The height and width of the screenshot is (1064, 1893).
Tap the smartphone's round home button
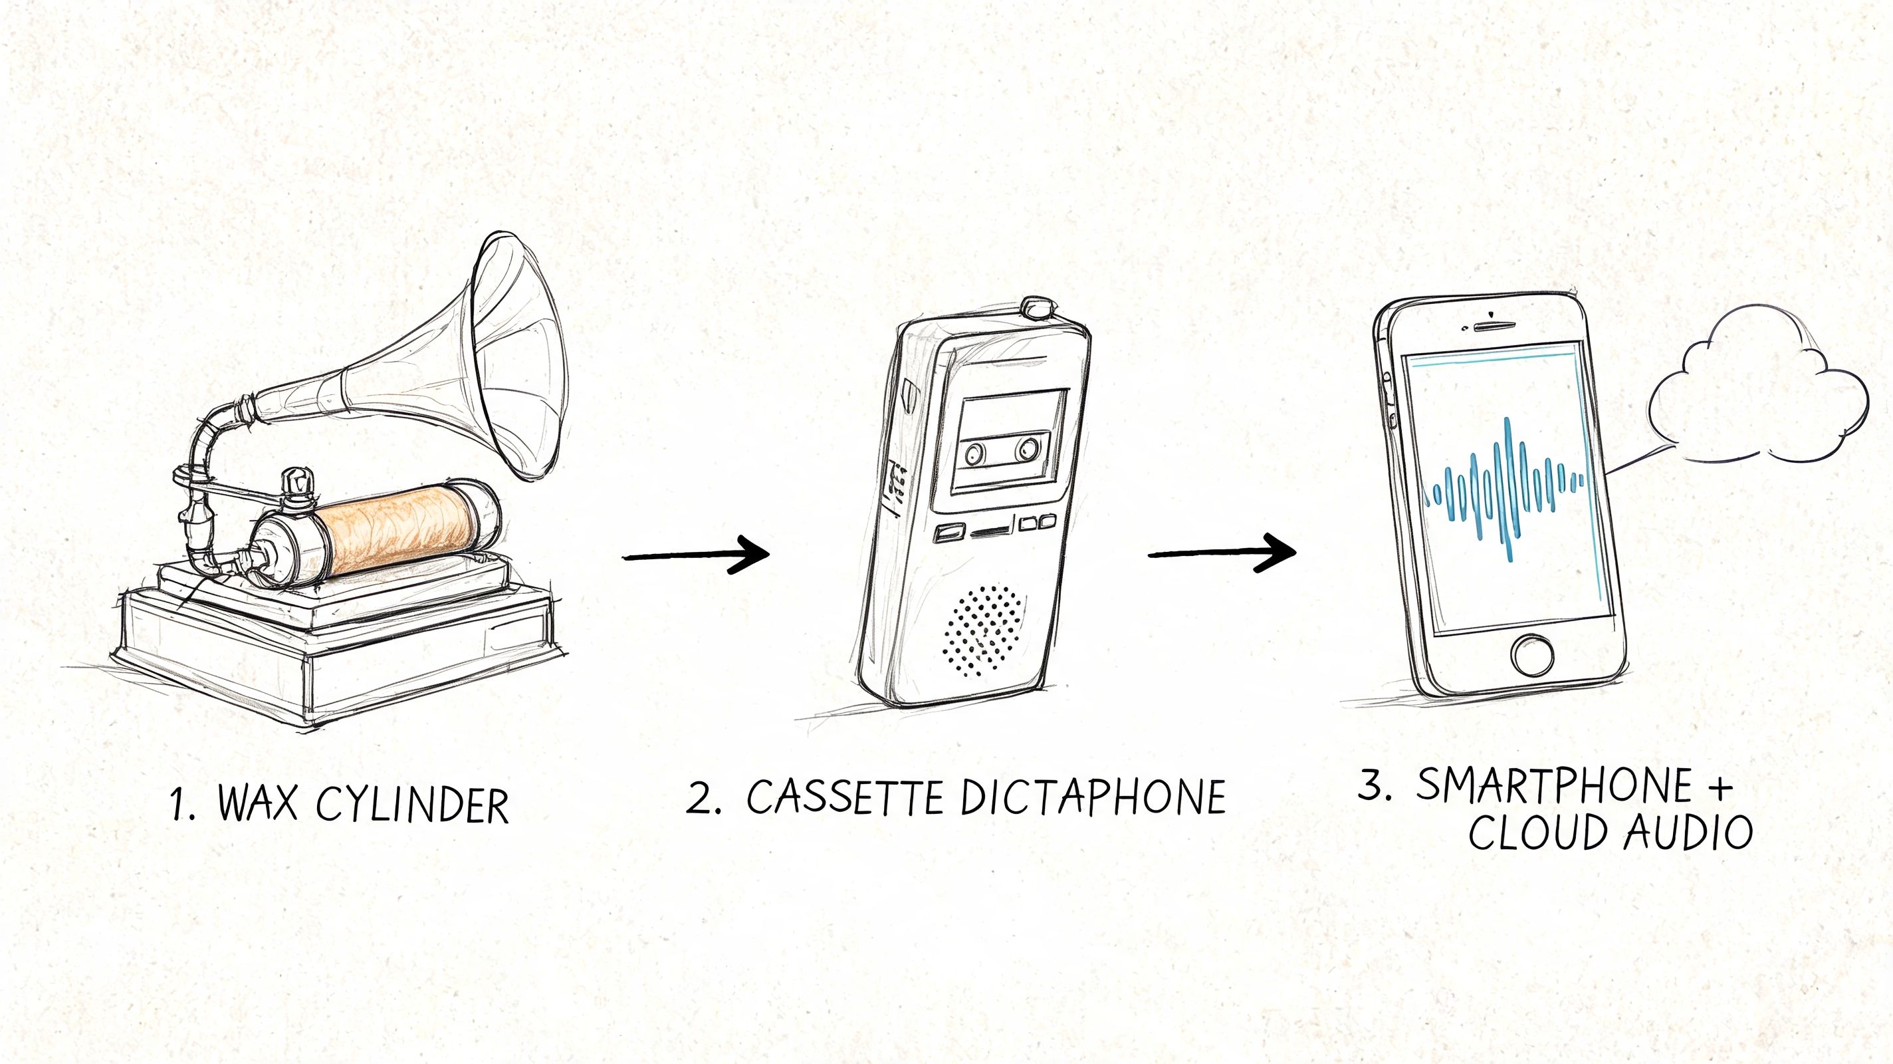click(1532, 654)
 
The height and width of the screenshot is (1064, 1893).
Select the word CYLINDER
click(412, 804)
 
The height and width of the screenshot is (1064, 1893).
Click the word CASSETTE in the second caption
click(845, 797)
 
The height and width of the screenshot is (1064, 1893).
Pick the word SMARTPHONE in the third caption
click(1554, 785)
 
